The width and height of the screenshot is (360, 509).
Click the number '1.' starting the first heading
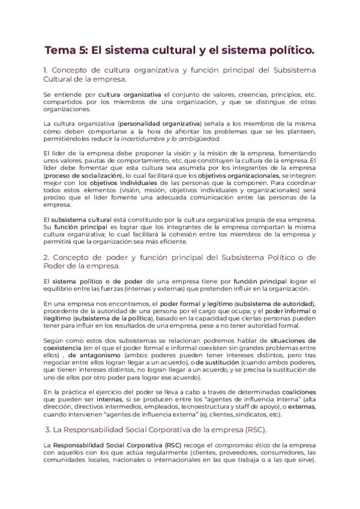click(48, 70)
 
